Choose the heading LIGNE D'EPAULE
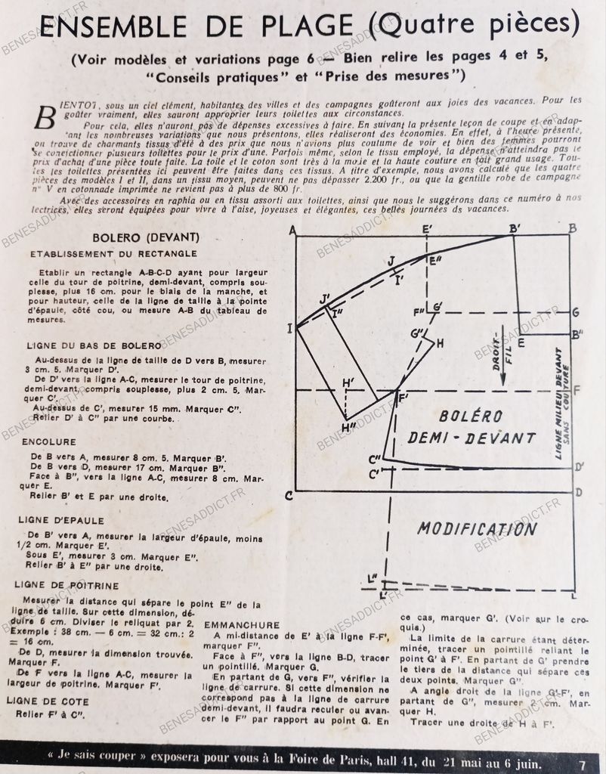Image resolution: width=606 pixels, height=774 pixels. tap(62, 521)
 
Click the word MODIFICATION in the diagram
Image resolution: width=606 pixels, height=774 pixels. tap(477, 528)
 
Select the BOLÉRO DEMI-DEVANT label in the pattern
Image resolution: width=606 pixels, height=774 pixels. tap(472, 426)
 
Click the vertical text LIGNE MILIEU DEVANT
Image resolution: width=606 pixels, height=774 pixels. tap(560, 403)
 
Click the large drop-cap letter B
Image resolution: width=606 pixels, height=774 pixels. tap(45, 117)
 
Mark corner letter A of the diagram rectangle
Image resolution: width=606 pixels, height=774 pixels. tap(292, 229)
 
